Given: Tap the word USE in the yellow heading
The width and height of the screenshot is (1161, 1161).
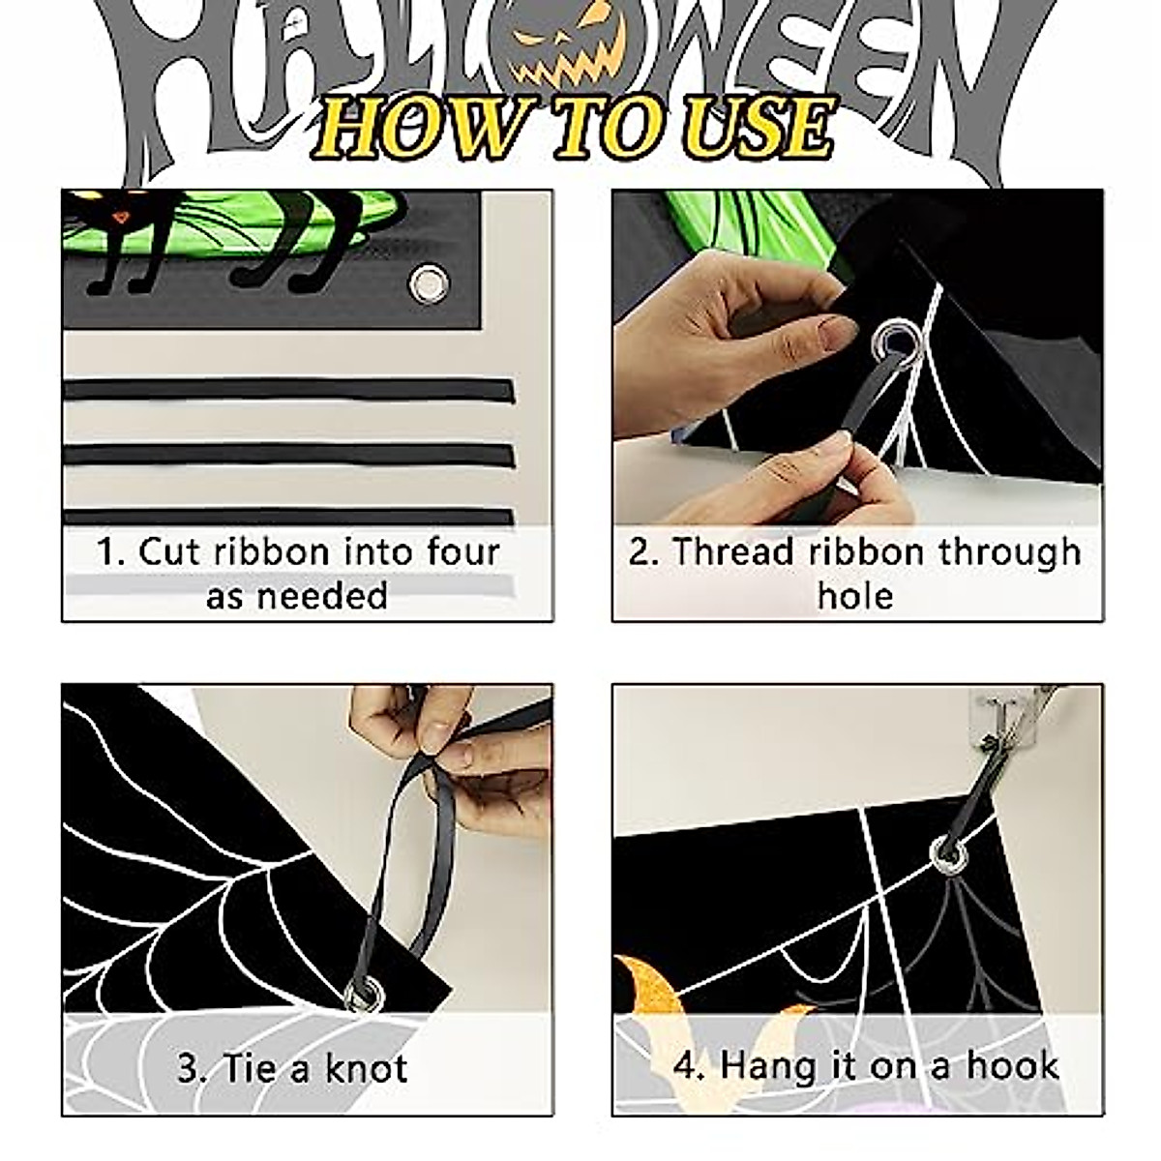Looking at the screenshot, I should point(759,129).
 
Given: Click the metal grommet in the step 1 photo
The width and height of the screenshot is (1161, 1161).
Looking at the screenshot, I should point(426,283).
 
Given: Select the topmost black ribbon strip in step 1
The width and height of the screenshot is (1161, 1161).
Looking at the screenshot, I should point(288,390).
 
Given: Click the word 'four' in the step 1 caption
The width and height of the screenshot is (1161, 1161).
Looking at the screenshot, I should point(461,551).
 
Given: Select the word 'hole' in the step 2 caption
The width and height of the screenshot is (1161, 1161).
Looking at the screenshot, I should point(855,595).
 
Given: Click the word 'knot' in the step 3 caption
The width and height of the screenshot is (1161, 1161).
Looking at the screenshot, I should point(366,1068).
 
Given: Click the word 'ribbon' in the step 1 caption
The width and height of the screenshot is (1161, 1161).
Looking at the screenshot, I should point(272,551).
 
